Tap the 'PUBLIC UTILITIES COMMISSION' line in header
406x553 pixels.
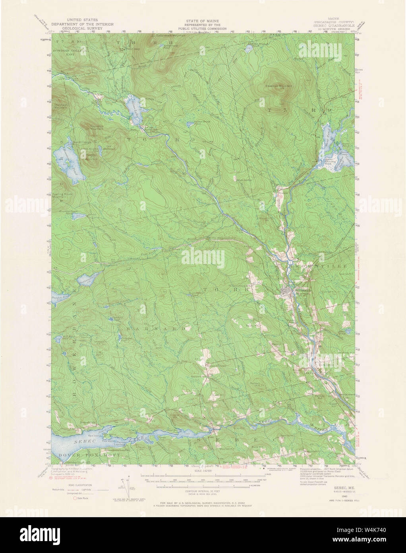pyautogui.click(x=203, y=29)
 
